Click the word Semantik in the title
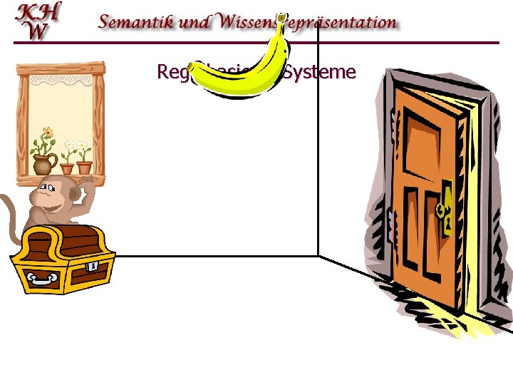click(133, 22)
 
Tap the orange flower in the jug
click(47, 133)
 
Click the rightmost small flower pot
click(84, 168)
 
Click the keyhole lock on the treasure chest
click(93, 265)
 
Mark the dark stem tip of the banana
click(282, 16)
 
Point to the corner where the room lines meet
click(318, 255)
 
